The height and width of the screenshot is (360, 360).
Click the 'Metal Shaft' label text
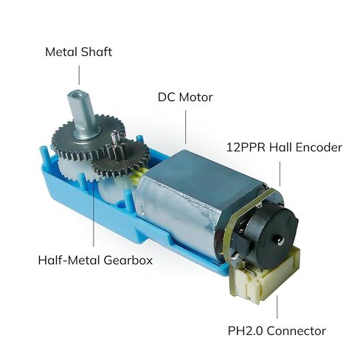[x=79, y=52]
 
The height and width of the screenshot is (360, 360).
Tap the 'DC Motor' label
[x=185, y=97]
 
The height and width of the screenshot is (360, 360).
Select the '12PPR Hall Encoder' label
[x=284, y=148]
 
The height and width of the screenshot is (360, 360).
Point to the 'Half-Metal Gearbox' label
[x=95, y=260]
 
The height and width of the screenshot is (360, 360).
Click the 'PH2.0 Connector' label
[x=277, y=330]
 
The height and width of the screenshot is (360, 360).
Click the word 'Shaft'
[x=97, y=52]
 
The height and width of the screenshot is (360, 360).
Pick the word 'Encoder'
[x=319, y=148]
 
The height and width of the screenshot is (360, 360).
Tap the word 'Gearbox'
[x=128, y=260]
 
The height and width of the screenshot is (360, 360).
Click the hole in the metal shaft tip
[x=78, y=94]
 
